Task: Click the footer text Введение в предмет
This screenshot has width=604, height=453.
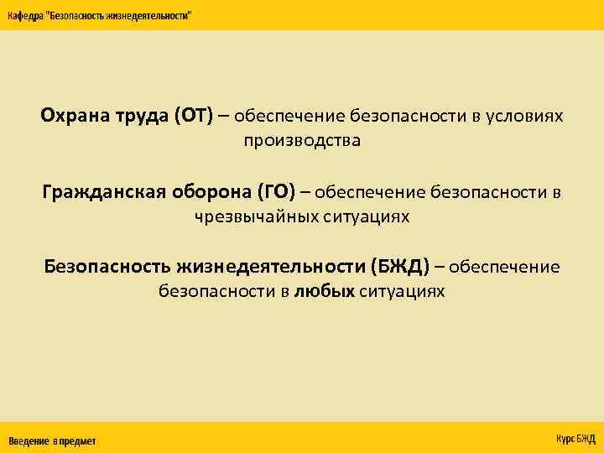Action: (x=52, y=440)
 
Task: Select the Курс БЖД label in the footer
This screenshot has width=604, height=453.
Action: (x=575, y=438)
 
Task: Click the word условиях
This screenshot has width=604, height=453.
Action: (x=528, y=116)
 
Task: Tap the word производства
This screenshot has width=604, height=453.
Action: (x=302, y=140)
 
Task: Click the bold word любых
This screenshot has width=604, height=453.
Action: (x=325, y=291)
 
